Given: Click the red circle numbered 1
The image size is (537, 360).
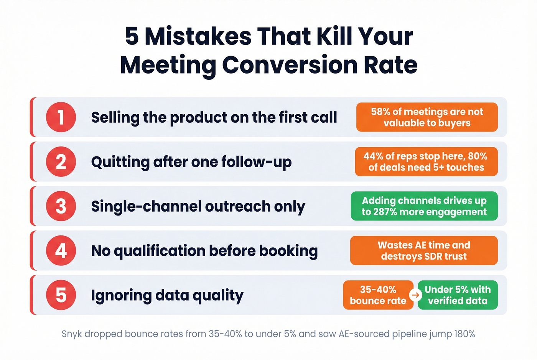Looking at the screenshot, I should coord(61,117).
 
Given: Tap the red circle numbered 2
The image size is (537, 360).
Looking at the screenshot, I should coord(61,162).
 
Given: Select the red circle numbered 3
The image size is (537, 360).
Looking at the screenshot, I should coord(61,206).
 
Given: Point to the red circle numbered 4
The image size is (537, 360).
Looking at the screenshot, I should coord(61,251).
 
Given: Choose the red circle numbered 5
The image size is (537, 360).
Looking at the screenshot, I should coord(61,295).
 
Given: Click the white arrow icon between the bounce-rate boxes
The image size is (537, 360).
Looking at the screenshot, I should coord(415,295).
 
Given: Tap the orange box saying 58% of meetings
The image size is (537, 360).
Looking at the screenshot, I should coord(427,117).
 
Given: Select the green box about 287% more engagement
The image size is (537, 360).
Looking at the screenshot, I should coord(424,206).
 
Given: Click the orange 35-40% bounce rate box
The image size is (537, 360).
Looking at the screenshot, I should coord(378,295).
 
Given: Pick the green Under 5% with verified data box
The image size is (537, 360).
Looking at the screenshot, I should coord(458,295).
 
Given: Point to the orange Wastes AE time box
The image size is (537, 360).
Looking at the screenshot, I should coord(424,251).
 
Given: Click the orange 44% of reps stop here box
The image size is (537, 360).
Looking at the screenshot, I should coord(426,162).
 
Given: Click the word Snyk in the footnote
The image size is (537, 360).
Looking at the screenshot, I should coord(71,334).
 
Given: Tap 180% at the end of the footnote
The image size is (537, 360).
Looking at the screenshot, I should coord(465,334).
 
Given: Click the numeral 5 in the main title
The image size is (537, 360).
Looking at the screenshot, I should coord(132,36).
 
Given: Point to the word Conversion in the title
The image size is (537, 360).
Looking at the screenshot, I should coord(290,65).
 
